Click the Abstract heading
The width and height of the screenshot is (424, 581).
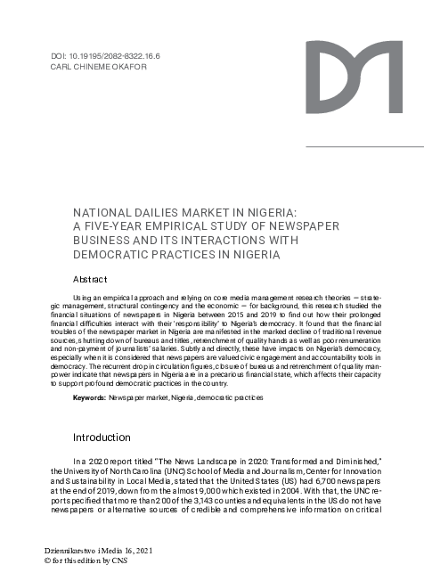pyautogui.click(x=92, y=279)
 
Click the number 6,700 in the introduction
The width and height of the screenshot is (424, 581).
pyautogui.click(x=310, y=480)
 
